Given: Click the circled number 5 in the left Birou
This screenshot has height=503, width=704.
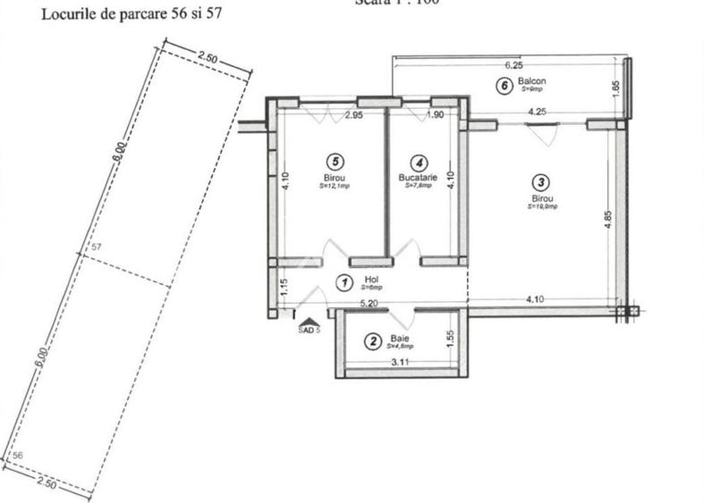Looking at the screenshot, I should (334, 162).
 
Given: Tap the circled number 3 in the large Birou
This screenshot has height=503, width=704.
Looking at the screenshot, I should (542, 181).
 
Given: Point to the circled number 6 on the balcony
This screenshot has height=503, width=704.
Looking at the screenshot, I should (505, 86).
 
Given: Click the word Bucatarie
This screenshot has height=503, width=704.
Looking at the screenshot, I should (418, 178).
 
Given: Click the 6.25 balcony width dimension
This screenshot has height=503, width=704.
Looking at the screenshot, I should (513, 65).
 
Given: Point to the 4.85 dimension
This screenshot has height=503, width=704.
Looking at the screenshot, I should (608, 219).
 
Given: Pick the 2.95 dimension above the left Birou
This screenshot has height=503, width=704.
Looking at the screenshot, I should (353, 115).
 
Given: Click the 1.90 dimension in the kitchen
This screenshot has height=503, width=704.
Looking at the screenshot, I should (436, 115).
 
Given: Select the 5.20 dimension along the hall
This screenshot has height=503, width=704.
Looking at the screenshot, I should (368, 304).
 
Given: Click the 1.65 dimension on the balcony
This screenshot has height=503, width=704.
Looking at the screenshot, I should (615, 90).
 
